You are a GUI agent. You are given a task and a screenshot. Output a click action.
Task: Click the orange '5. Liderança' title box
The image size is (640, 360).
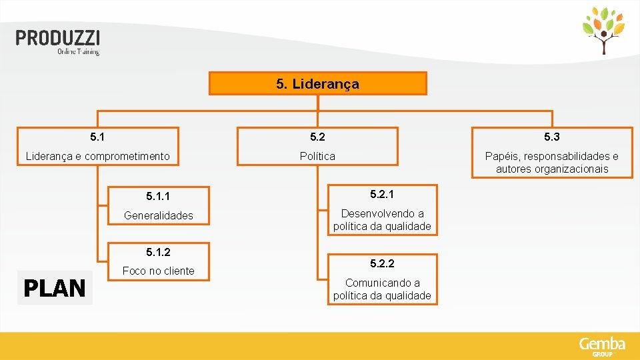[x=317, y=84]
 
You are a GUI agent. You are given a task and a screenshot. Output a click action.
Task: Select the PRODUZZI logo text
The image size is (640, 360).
[x=58, y=38]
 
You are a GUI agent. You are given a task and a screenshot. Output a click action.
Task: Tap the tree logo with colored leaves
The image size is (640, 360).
[x=603, y=31]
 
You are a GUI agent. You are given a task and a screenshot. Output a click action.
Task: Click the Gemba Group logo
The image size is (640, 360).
[x=602, y=346]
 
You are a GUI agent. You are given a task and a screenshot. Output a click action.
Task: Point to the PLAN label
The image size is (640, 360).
[x=55, y=289]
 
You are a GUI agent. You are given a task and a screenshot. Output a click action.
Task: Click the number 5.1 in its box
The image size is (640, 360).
[x=97, y=137]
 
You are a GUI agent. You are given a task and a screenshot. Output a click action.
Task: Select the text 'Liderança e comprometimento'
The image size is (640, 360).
[x=97, y=157]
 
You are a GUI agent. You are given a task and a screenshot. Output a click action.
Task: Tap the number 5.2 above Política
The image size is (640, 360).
[x=317, y=137]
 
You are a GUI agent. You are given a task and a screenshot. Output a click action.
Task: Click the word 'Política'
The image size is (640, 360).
[x=317, y=156]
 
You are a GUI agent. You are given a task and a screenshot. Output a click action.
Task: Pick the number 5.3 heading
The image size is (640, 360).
[x=551, y=137]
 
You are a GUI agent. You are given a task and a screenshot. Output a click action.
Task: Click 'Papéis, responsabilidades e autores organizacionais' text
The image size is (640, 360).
[x=551, y=163]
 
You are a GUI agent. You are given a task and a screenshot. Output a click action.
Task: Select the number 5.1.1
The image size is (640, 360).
[x=158, y=197]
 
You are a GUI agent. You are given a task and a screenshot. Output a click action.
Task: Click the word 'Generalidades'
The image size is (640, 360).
[x=159, y=215]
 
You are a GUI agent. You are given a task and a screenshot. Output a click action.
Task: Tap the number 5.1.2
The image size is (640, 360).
[x=158, y=252]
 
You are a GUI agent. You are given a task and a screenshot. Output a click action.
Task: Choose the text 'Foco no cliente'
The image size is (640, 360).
[x=159, y=271]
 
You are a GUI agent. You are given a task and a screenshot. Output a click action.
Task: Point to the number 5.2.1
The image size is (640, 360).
[x=382, y=195]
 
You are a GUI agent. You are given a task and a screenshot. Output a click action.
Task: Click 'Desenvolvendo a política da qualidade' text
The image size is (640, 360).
[x=382, y=220]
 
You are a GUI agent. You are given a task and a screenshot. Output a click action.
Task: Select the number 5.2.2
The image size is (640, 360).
[x=382, y=264]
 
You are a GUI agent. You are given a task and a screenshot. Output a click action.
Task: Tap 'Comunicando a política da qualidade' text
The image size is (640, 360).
[x=382, y=289]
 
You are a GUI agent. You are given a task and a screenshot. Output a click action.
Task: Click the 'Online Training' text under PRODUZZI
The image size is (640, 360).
[x=78, y=51]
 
